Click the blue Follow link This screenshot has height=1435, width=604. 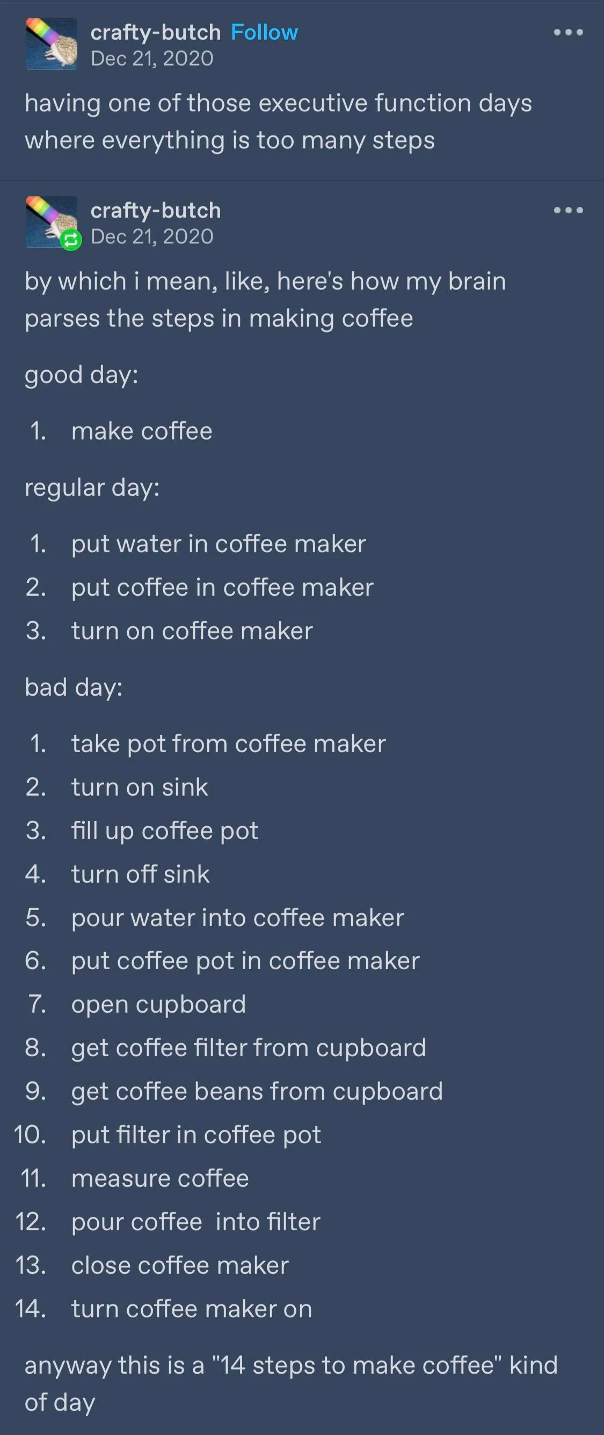[x=265, y=32]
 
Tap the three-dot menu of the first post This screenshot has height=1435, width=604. [x=569, y=32]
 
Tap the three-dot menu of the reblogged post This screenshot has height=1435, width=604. [x=569, y=210]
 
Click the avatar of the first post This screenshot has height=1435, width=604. [x=52, y=44]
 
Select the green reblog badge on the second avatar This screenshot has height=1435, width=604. [x=71, y=240]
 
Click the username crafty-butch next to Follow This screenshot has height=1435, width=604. [x=156, y=32]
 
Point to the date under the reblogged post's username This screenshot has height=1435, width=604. [x=152, y=236]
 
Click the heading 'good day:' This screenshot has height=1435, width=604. [x=81, y=375]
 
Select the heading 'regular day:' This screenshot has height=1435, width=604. [x=92, y=488]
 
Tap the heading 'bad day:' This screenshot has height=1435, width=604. [x=74, y=687]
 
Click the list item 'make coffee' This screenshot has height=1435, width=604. [x=142, y=431]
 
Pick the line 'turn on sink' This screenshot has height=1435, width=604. [x=140, y=787]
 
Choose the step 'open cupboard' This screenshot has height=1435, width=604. [x=159, y=1004]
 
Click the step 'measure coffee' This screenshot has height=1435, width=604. [x=161, y=1178]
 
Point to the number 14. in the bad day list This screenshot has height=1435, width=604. [x=31, y=1309]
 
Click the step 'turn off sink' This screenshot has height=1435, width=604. [x=141, y=874]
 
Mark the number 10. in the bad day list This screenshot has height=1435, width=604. [x=30, y=1135]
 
